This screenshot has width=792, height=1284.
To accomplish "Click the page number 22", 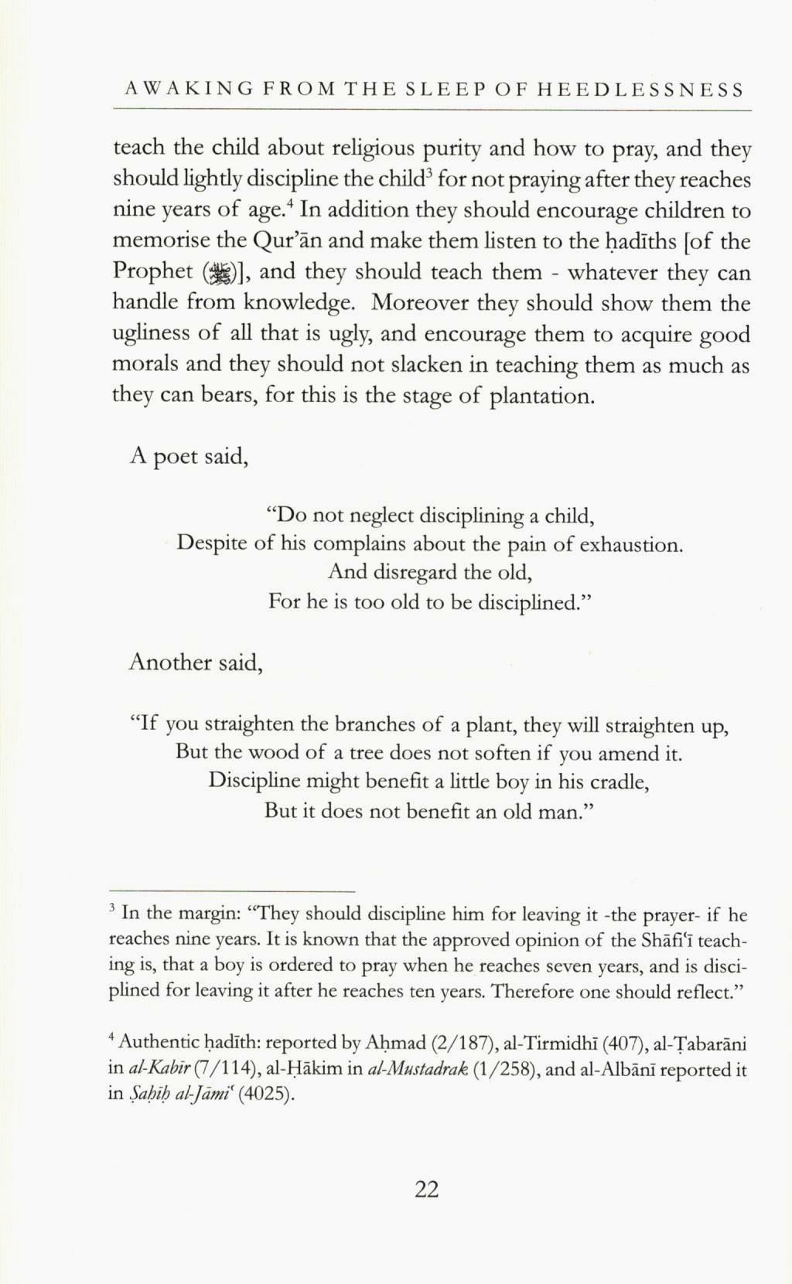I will pos(426,1190).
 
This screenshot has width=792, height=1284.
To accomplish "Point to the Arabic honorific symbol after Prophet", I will pos(218,272).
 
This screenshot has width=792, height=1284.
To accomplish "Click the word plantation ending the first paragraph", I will pos(542,397).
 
